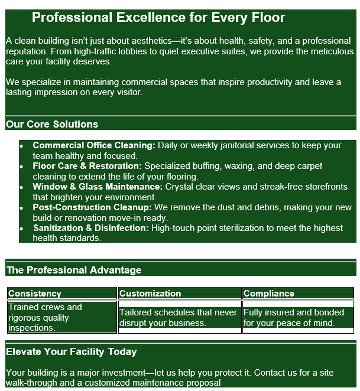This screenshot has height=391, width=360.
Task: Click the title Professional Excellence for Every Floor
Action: click(x=158, y=18)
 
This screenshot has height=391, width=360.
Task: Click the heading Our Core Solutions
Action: click(x=52, y=125)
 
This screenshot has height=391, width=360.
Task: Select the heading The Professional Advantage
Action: click(x=74, y=271)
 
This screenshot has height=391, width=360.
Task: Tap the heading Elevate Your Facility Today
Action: click(x=72, y=352)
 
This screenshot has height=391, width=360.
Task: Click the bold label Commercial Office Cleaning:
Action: click(x=94, y=145)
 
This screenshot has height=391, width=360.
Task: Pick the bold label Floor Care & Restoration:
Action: click(x=87, y=166)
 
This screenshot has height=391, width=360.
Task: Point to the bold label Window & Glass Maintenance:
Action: click(x=98, y=187)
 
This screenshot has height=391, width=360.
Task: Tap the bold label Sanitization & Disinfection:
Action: click(x=91, y=228)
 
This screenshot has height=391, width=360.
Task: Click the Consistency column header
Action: click(x=35, y=294)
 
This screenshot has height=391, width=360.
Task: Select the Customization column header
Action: click(x=150, y=294)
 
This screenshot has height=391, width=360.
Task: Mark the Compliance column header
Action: click(x=268, y=294)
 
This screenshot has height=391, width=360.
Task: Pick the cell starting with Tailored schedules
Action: click(x=178, y=318)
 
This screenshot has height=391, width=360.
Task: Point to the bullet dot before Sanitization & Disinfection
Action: click(x=22, y=229)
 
